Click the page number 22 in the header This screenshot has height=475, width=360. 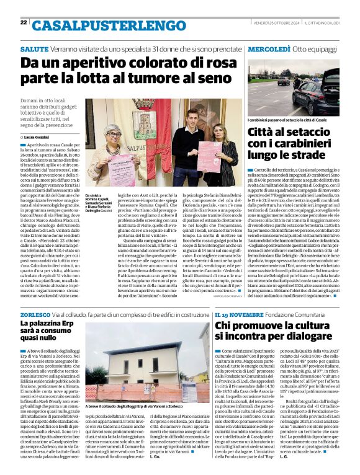(x=23, y=22)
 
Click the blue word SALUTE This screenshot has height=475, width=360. (x=34, y=48)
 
